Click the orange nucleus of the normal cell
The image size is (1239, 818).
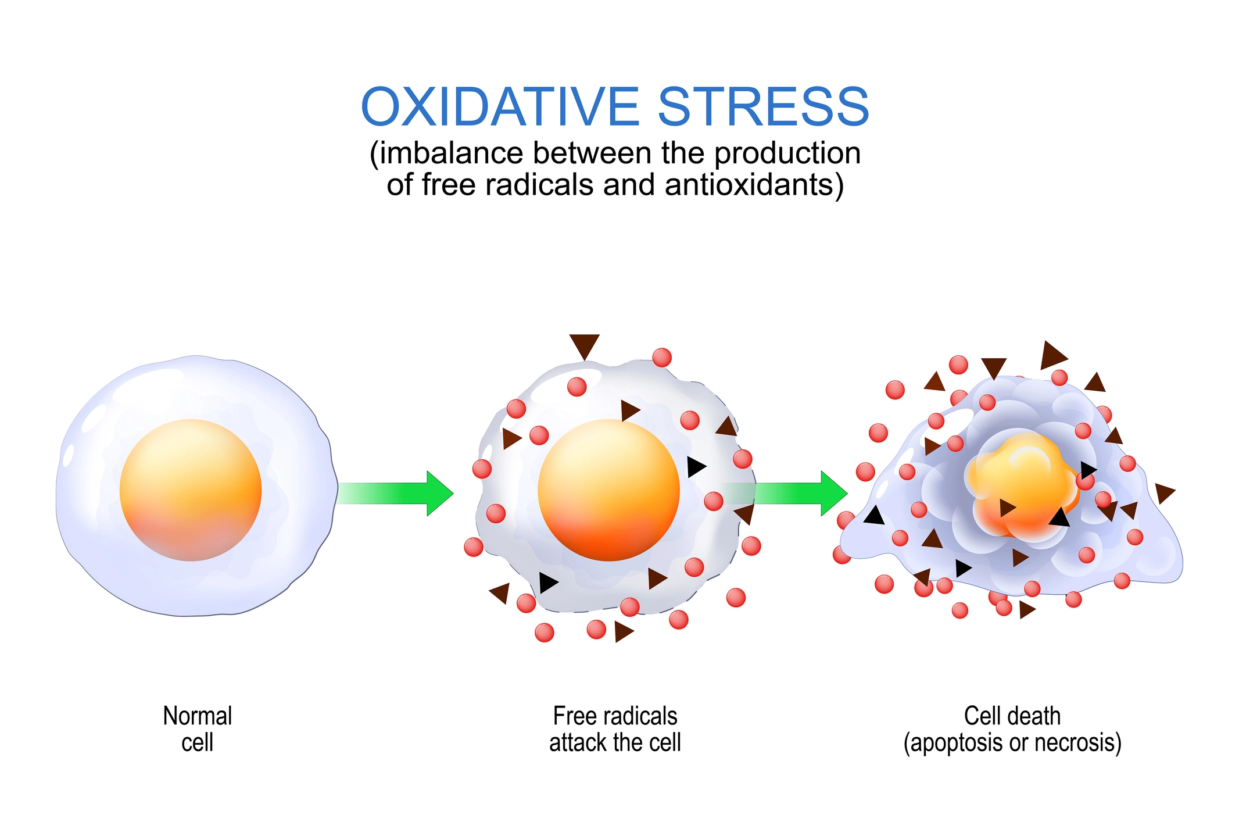(191, 490)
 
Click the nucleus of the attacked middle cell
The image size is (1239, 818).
(608, 490)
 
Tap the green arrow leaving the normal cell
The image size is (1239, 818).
(395, 493)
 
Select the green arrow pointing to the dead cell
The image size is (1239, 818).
(796, 493)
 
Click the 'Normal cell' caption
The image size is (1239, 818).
(198, 729)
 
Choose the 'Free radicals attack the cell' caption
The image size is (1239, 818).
(615, 729)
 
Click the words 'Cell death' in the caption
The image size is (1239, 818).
(1012, 716)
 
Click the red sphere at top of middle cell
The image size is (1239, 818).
(662, 357)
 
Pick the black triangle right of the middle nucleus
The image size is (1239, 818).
(695, 466)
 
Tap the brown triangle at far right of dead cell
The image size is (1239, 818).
(1164, 492)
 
